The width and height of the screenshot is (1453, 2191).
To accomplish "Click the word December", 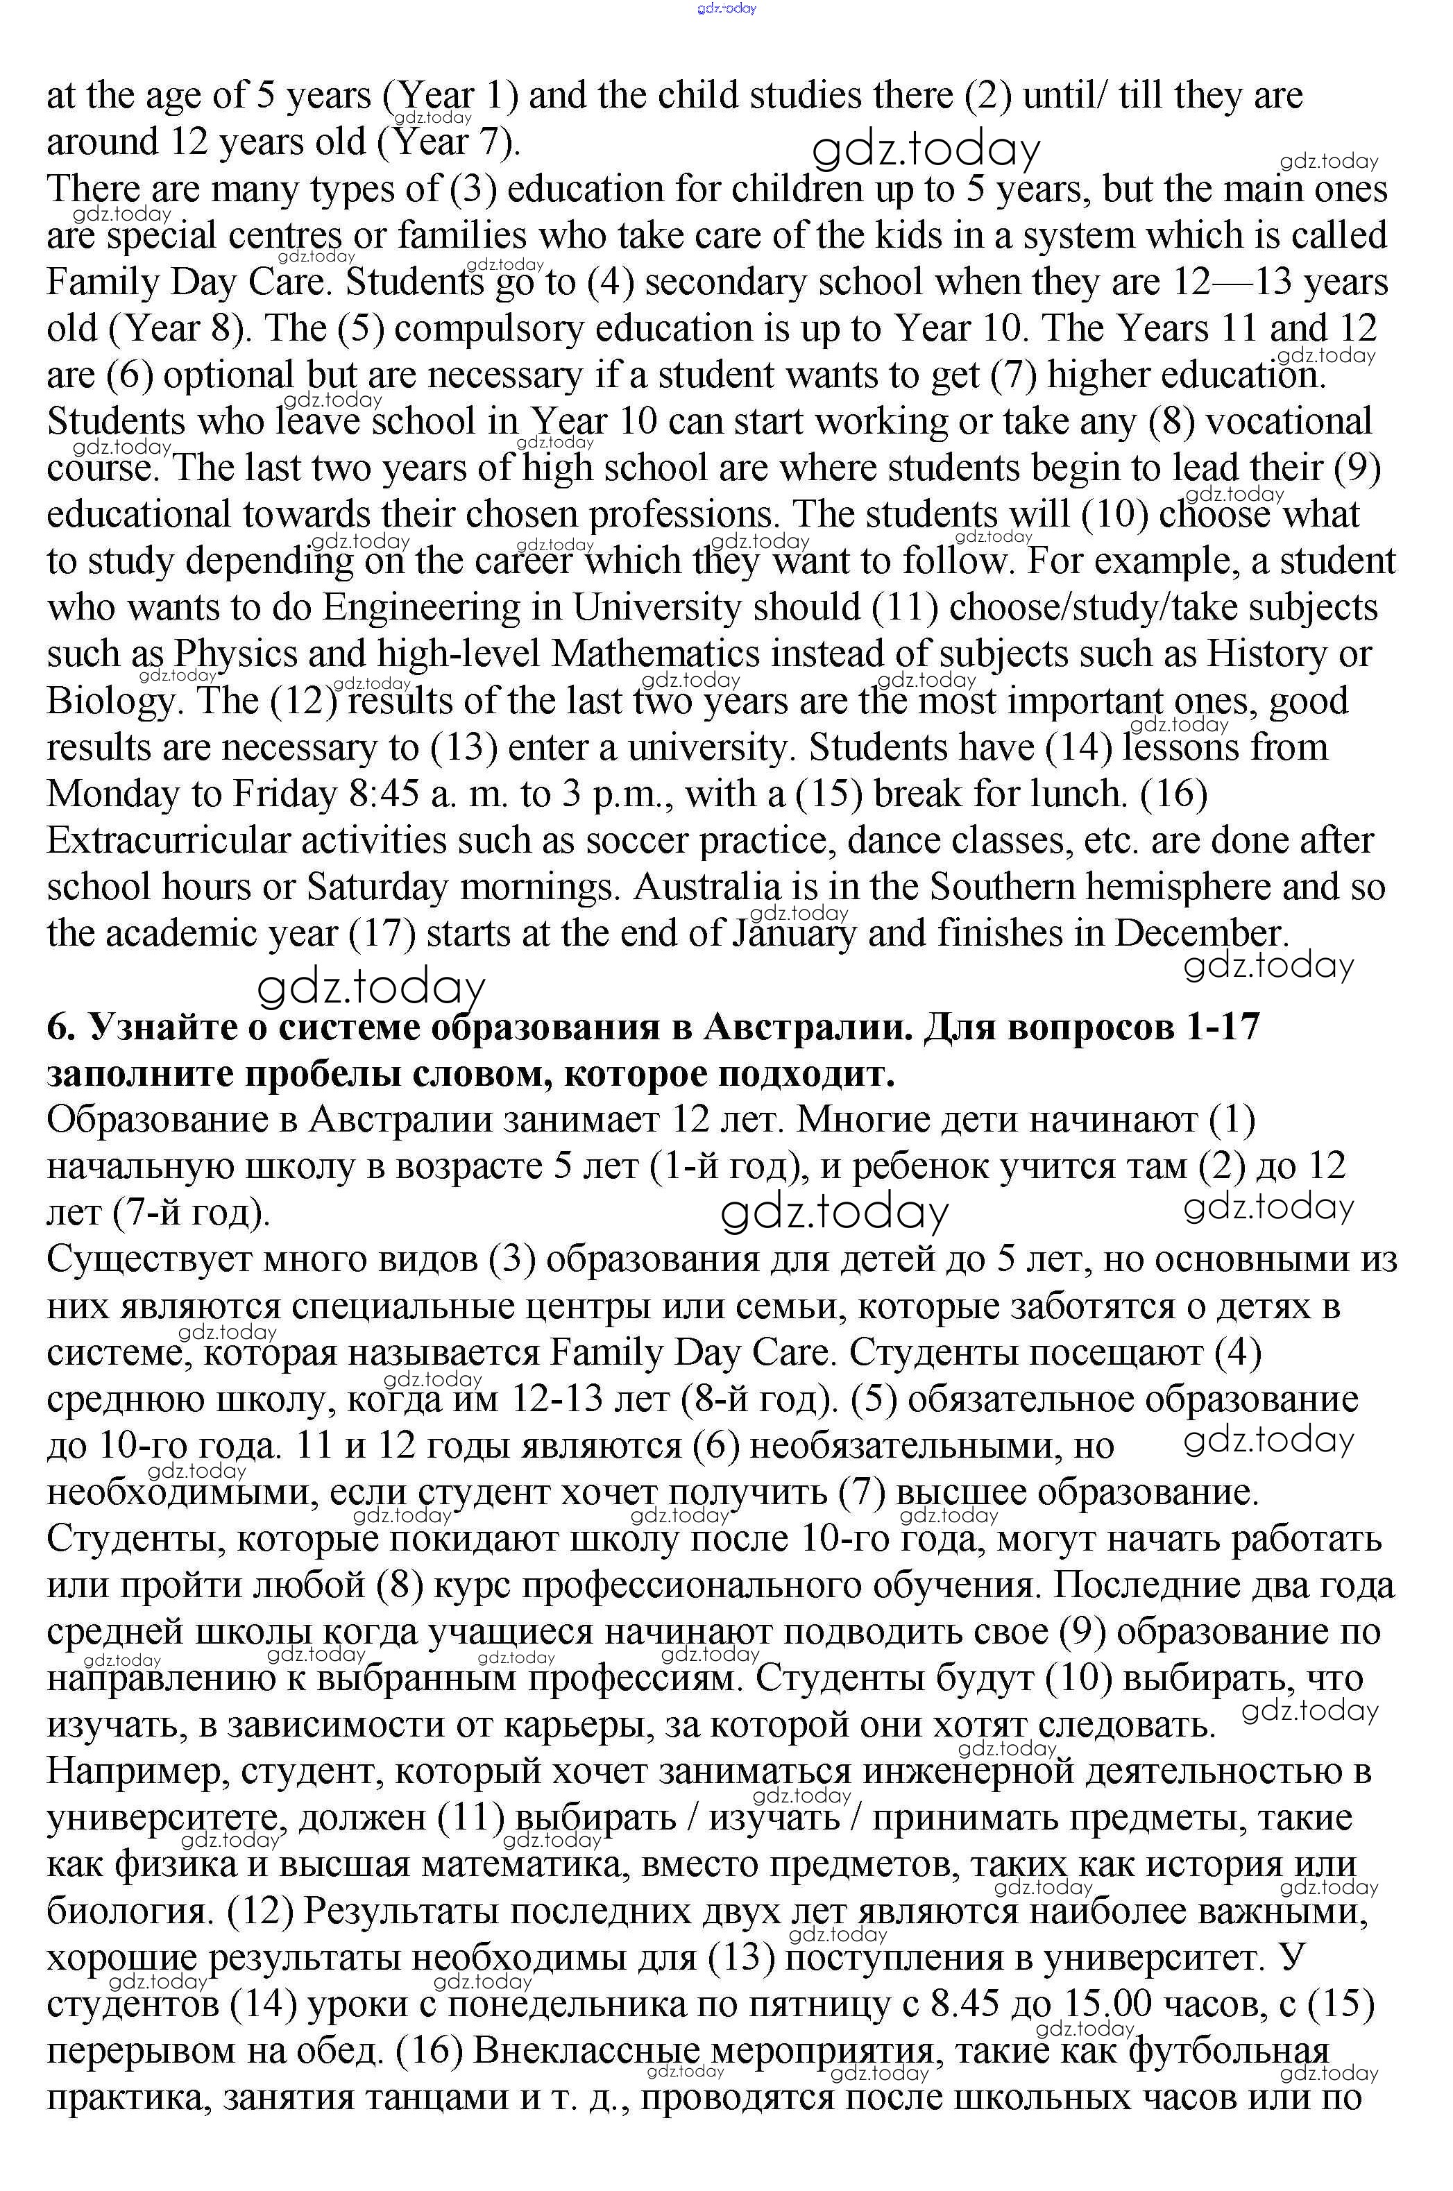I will pyautogui.click(x=1201, y=934).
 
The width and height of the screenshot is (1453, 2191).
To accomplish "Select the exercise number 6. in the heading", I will pyautogui.click(x=59, y=1028).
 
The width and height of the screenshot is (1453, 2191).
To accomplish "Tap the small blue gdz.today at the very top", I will pyautogui.click(x=726, y=8).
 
